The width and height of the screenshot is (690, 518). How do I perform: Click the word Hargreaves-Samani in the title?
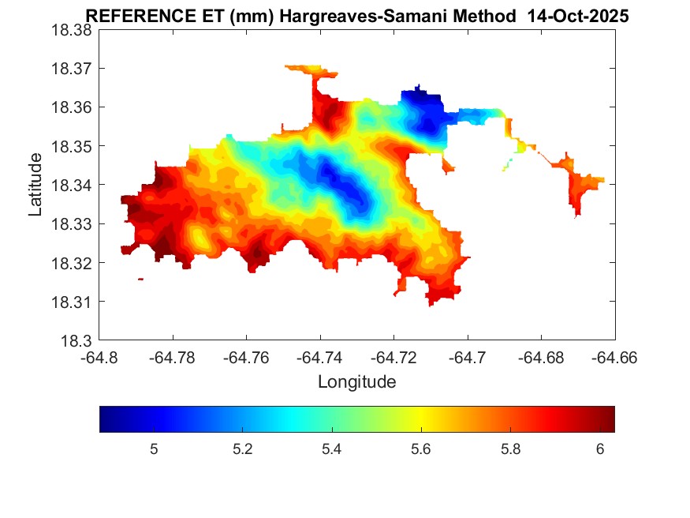[380, 17]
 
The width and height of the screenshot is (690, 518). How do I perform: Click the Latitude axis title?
[35, 186]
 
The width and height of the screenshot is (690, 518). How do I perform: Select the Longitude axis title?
[356, 382]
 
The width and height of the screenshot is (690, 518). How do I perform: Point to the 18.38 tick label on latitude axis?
[72, 29]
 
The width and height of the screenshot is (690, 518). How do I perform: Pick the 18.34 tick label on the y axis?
[72, 185]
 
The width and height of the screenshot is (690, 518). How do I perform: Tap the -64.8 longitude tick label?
[99, 358]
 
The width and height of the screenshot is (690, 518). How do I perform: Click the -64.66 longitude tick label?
[614, 358]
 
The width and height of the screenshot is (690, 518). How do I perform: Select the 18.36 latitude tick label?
[72, 107]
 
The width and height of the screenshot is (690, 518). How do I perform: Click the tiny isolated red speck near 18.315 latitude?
[140, 279]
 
